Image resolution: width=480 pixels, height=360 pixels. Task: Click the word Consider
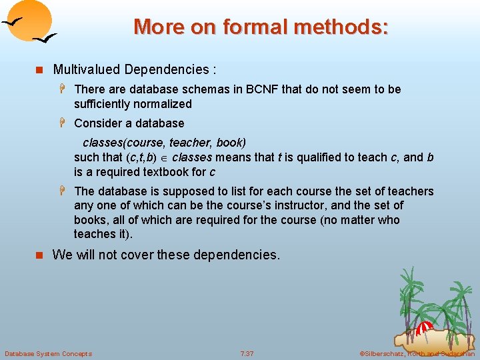tap(97, 123)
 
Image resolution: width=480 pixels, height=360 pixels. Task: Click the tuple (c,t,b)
tap(141, 157)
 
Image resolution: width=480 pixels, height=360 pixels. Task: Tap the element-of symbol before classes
tap(164, 158)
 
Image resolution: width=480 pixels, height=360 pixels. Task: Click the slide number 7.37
tap(247, 353)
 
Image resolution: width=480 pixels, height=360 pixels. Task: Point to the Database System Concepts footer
tap(48, 353)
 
